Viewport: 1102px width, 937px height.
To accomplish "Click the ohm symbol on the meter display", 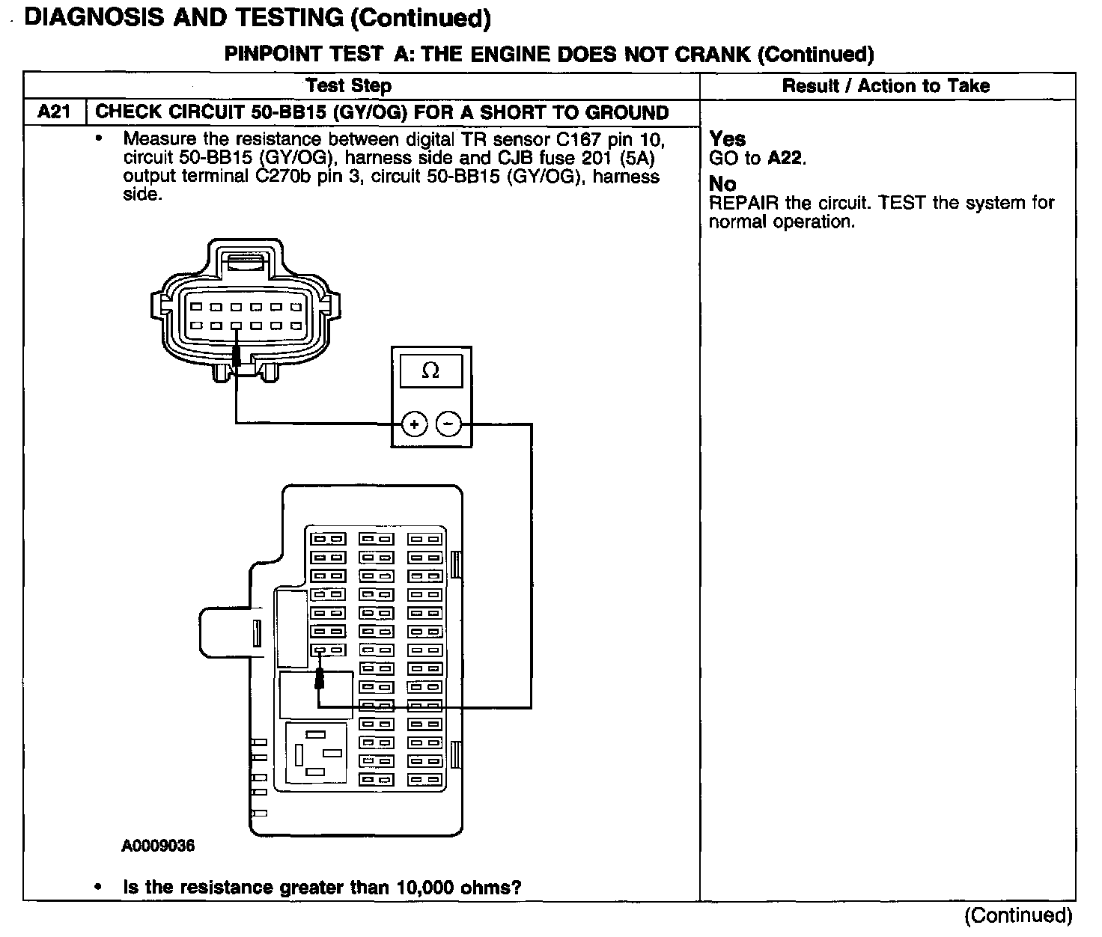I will click(430, 370).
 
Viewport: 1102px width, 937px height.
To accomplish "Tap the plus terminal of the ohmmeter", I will click(414, 424).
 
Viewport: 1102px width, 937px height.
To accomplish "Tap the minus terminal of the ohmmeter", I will click(448, 424).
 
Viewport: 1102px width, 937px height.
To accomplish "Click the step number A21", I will click(54, 112).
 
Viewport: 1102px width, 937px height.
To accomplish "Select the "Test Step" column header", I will click(348, 86).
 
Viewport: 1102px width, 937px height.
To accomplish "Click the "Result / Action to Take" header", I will click(886, 86).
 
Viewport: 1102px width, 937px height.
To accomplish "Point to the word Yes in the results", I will click(728, 138).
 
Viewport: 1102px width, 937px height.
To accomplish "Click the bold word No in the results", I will click(722, 183).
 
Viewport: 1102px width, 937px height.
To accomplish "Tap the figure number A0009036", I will click(158, 846).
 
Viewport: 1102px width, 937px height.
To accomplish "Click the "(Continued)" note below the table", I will click(1018, 915).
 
